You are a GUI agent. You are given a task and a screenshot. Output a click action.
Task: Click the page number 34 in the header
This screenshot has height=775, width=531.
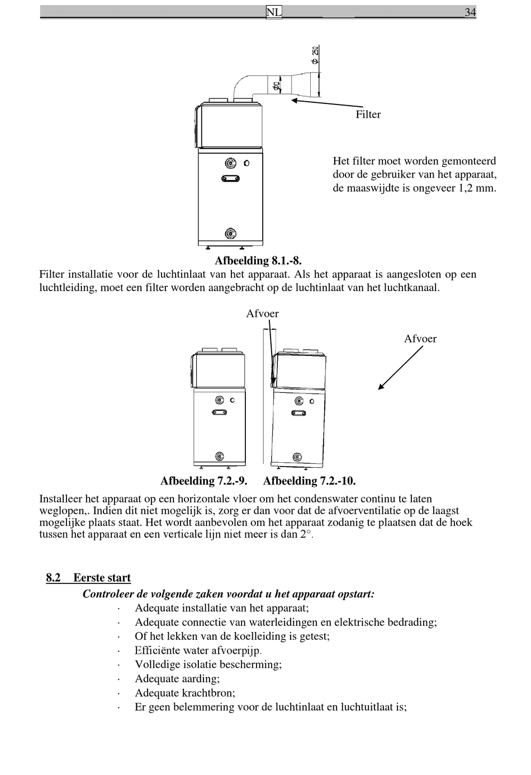pyautogui.click(x=470, y=12)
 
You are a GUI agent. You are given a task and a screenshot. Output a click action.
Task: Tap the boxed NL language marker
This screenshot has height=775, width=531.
pyautogui.click(x=274, y=12)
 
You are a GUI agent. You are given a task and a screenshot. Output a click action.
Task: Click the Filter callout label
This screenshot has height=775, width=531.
pyautogui.click(x=368, y=115)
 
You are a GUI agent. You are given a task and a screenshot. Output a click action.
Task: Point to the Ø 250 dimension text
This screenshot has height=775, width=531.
pyautogui.click(x=315, y=54)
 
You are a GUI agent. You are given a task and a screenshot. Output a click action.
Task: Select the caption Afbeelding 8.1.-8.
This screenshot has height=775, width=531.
pyautogui.click(x=258, y=261)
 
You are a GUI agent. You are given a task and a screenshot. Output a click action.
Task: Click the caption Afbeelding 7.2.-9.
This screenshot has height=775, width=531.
pyautogui.click(x=203, y=481)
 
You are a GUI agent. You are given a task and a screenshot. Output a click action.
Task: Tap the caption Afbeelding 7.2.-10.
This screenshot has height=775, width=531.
pyautogui.click(x=309, y=481)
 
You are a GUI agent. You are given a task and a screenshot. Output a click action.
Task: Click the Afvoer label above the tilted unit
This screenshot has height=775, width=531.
pyautogui.click(x=262, y=313)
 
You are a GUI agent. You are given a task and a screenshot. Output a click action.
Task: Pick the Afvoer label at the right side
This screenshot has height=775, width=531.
pyautogui.click(x=420, y=339)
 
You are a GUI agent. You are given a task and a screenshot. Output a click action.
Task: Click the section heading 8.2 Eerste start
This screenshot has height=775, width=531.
pyautogui.click(x=88, y=578)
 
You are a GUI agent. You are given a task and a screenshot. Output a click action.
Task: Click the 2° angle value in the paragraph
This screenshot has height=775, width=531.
pyautogui.click(x=307, y=534)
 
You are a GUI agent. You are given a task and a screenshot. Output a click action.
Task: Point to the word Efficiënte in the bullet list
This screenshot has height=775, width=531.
pyautogui.click(x=157, y=650)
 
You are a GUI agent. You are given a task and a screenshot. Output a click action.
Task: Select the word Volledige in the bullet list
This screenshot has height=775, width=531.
pyautogui.click(x=156, y=664)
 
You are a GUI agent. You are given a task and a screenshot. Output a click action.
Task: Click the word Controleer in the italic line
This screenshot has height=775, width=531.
pyautogui.click(x=108, y=593)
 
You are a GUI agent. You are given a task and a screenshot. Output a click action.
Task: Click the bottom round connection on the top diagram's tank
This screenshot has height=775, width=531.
pyautogui.click(x=230, y=233)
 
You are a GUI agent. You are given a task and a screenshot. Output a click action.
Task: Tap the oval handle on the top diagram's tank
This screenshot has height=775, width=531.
pyautogui.click(x=230, y=179)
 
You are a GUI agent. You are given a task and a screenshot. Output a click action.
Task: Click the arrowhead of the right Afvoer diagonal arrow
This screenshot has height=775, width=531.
pyautogui.click(x=381, y=387)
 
